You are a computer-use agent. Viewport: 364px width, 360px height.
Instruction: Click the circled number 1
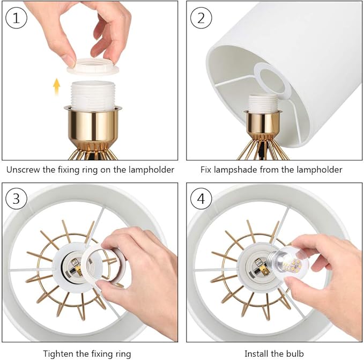click(x=16, y=18)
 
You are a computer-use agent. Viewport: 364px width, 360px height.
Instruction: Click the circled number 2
click(x=201, y=18)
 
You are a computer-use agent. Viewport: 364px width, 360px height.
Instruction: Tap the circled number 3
click(x=16, y=199)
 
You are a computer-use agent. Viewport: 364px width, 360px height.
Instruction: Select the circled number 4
click(x=201, y=199)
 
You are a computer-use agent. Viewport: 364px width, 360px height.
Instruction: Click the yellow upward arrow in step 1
click(x=56, y=86)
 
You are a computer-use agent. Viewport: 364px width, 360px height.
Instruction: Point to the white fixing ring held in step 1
click(x=93, y=67)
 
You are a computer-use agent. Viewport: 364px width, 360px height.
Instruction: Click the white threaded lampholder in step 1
click(x=93, y=95)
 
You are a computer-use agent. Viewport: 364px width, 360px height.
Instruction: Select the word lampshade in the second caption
click(x=235, y=170)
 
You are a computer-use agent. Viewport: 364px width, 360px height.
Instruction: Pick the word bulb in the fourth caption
click(x=295, y=354)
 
